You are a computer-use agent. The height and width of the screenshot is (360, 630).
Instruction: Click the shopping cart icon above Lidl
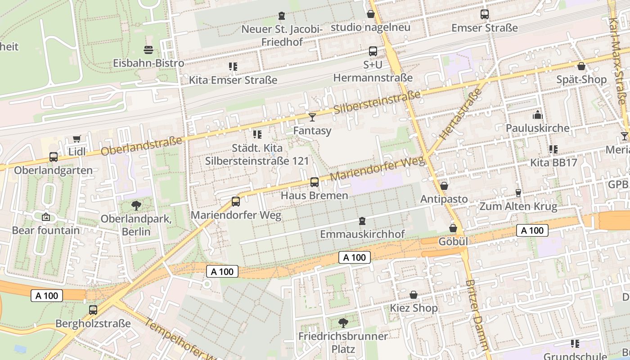pyautogui.click(x=76, y=139)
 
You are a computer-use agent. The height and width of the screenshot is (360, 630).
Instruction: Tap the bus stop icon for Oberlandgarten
pyautogui.click(x=54, y=157)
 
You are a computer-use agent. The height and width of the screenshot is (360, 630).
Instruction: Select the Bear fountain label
pyautogui.click(x=45, y=230)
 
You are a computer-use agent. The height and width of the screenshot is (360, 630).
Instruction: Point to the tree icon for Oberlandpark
pyautogui.click(x=136, y=206)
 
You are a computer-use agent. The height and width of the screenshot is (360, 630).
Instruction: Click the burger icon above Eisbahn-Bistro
pyautogui.click(x=148, y=49)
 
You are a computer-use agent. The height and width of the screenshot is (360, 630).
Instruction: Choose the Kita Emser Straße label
pyautogui.click(x=233, y=80)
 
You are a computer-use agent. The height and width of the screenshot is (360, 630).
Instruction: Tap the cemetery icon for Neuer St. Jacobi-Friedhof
pyautogui.click(x=282, y=16)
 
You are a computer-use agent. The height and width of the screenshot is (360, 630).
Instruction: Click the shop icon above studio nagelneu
pyautogui.click(x=371, y=14)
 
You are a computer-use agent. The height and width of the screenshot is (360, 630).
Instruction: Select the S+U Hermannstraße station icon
pyautogui.click(x=373, y=51)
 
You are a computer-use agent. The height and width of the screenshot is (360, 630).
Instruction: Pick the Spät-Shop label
pyautogui.click(x=581, y=80)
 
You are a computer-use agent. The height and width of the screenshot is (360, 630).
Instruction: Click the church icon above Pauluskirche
pyautogui.click(x=537, y=115)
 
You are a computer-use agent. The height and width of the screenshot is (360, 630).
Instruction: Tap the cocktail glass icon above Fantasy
pyautogui.click(x=312, y=117)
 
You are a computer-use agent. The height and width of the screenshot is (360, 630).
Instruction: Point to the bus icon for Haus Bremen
pyautogui.click(x=315, y=182)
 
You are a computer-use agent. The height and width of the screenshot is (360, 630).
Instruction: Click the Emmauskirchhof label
pyautogui.click(x=362, y=234)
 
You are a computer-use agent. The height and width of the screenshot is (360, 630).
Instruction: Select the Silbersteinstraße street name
pyautogui.click(x=377, y=103)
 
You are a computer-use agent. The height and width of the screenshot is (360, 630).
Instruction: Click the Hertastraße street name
pyautogui.click(x=460, y=113)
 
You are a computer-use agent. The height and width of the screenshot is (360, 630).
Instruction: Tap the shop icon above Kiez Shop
pyautogui.click(x=413, y=295)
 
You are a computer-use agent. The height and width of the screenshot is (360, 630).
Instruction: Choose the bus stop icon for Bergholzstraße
pyautogui.click(x=93, y=310)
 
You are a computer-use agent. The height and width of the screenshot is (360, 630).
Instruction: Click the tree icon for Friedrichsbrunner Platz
pyautogui.click(x=343, y=323)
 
